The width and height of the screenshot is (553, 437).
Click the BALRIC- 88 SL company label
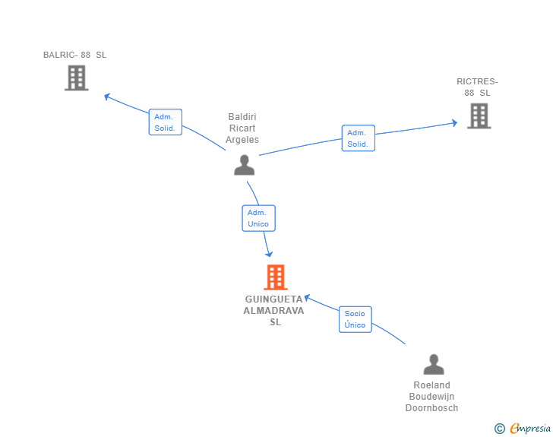[x=74, y=55]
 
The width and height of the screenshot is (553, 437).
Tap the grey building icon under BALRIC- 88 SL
[x=77, y=78]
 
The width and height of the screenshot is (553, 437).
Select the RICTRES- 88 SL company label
[x=477, y=87]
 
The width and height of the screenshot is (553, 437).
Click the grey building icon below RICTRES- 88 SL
[x=479, y=116]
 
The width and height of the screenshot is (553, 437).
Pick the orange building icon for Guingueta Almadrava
[x=276, y=277]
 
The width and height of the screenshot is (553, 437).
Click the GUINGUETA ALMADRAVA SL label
[x=274, y=311]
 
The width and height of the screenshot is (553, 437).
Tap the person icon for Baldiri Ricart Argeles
[x=244, y=165]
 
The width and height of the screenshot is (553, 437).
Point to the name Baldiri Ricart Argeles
[x=242, y=128]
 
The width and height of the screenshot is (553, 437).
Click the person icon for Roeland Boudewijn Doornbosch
[x=434, y=364]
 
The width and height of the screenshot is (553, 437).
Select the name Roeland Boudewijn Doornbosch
[x=431, y=397]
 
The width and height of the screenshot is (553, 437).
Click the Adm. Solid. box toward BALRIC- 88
[x=166, y=122]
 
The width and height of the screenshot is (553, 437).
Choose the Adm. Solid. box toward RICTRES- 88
[x=359, y=138]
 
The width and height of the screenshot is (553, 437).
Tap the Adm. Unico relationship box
[x=258, y=218]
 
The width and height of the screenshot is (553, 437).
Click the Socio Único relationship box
[x=355, y=319]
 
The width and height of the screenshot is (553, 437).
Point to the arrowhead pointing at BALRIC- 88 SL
[x=107, y=97]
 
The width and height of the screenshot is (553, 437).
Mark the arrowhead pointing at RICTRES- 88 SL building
[x=455, y=123]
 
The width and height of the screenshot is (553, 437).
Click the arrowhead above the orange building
[x=269, y=254]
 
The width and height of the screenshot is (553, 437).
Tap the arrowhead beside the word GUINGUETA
[x=307, y=298]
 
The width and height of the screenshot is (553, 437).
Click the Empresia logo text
[x=530, y=428]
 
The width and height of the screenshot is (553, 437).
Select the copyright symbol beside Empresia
[x=500, y=429]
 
